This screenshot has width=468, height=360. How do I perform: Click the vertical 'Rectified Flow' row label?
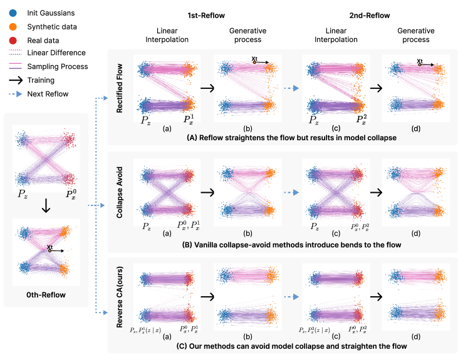point(119,86)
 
